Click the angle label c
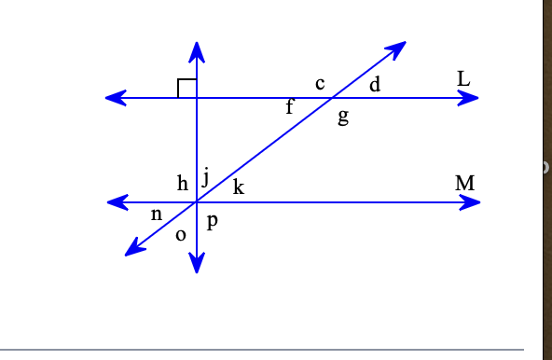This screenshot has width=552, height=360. pyautogui.click(x=320, y=84)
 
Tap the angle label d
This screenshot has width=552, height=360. pyautogui.click(x=375, y=86)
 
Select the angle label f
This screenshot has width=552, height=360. pyautogui.click(x=289, y=108)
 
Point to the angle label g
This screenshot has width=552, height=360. pyautogui.click(x=343, y=117)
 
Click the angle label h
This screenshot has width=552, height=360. pyautogui.click(x=183, y=183)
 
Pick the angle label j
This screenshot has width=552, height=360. pyautogui.click(x=205, y=179)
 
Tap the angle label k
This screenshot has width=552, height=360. pyautogui.click(x=238, y=187)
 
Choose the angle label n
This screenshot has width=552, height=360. pyautogui.click(x=157, y=215)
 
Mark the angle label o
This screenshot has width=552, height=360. pyautogui.click(x=181, y=233)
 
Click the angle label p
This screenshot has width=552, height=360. pyautogui.click(x=213, y=223)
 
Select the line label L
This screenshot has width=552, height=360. pyautogui.click(x=463, y=79)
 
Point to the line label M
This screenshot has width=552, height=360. pyautogui.click(x=465, y=183)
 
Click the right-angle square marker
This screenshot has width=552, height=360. pyautogui.click(x=186, y=89)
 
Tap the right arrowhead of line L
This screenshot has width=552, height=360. pyautogui.click(x=469, y=98)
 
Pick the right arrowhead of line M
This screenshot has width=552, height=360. pyautogui.click(x=470, y=201)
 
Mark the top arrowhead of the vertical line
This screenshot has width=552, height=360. pyautogui.click(x=196, y=51)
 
